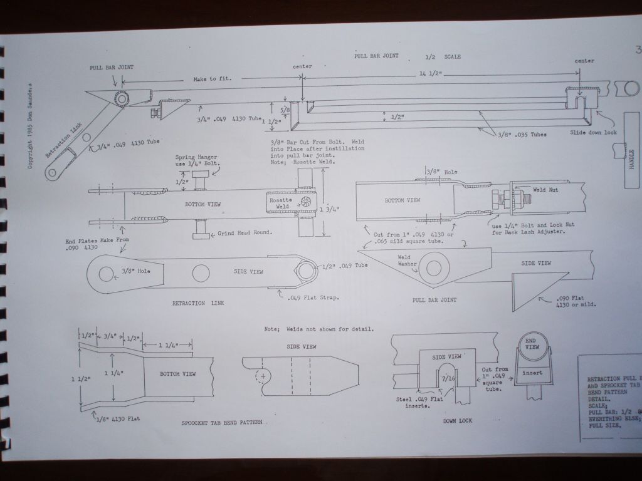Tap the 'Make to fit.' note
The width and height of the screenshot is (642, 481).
click(x=213, y=79)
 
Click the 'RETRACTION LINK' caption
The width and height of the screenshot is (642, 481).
click(x=197, y=303)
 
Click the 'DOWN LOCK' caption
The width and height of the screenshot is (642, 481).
click(x=458, y=422)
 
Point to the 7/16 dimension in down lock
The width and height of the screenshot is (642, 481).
click(x=448, y=379)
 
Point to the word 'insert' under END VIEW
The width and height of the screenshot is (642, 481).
click(x=532, y=373)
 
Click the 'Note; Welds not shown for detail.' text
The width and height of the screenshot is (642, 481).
click(x=320, y=329)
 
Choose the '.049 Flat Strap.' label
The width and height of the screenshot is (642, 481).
click(x=314, y=297)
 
